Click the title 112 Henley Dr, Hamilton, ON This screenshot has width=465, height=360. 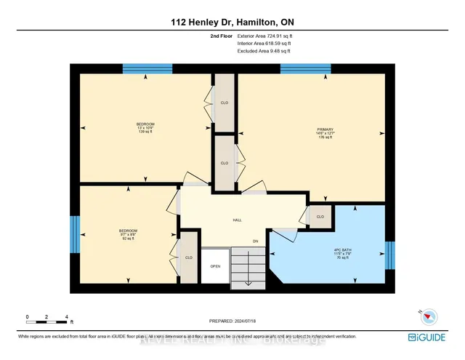click(x=232, y=21)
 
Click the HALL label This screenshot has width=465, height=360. click(x=237, y=220)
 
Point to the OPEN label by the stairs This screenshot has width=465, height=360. click(x=215, y=266)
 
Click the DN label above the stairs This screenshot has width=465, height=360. click(x=255, y=241)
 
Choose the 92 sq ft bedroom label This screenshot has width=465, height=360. click(x=128, y=235)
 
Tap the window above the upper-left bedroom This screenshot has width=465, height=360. click(x=147, y=69)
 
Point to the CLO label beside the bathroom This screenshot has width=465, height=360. click(x=320, y=217)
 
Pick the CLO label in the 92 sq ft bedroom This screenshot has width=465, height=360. click(x=188, y=257)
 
